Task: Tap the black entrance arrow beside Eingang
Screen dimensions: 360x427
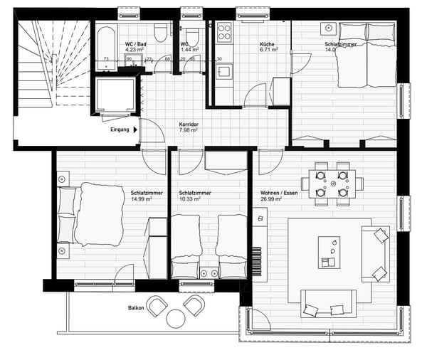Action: (135, 129)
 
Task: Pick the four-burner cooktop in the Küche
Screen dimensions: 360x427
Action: (224, 31)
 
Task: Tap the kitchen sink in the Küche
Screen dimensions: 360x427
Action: (224, 71)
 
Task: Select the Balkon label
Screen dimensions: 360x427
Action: (137, 308)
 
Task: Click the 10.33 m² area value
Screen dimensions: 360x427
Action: (190, 199)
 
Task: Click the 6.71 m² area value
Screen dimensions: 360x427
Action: (268, 51)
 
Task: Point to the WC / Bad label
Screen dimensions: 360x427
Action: (137, 43)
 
